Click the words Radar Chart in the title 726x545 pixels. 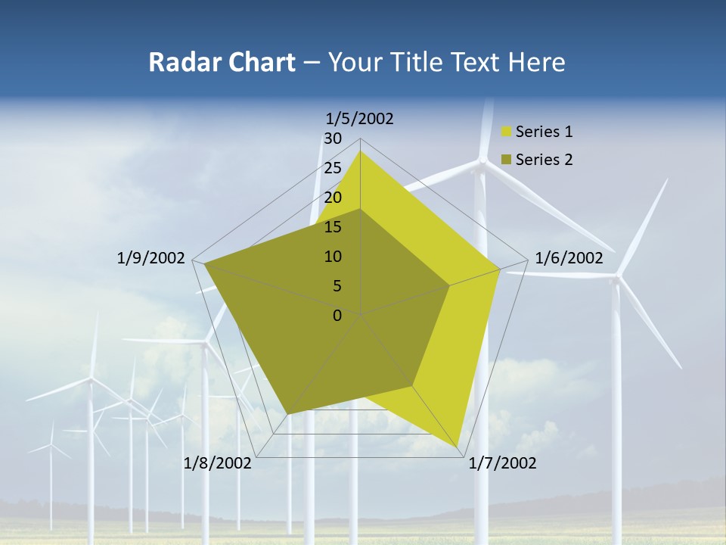click(x=222, y=62)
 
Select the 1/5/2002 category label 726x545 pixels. click(x=360, y=118)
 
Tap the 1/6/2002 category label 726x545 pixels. click(x=569, y=258)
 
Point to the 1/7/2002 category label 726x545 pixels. click(x=502, y=463)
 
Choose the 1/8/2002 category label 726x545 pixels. click(x=218, y=463)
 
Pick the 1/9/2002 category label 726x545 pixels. click(x=151, y=258)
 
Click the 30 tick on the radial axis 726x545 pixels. click(x=333, y=139)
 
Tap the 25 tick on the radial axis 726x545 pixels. click(x=333, y=168)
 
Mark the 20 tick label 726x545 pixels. click(x=333, y=198)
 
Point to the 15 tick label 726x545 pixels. click(x=333, y=227)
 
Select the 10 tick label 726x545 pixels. click(x=333, y=257)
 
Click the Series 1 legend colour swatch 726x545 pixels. click(x=507, y=132)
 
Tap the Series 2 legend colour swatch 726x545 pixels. click(x=507, y=160)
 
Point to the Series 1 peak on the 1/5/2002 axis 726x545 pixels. click(x=361, y=151)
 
